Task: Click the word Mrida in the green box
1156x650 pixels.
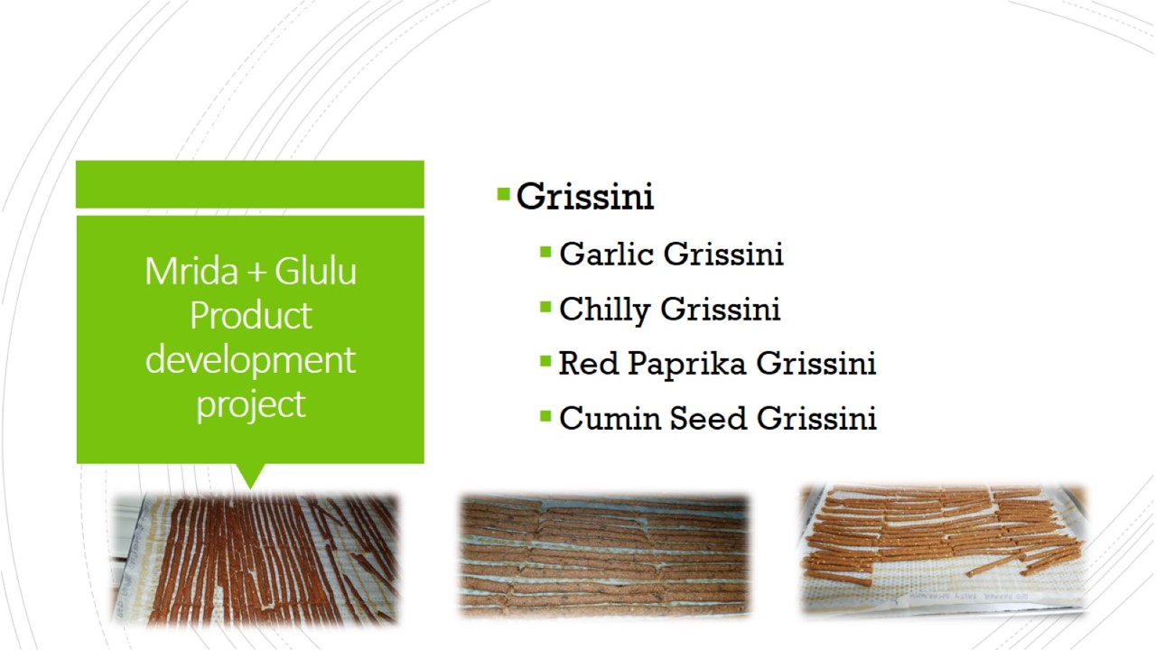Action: click(191, 271)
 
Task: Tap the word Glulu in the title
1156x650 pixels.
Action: click(315, 271)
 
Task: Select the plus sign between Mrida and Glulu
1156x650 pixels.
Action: click(256, 273)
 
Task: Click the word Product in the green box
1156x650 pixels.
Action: click(251, 315)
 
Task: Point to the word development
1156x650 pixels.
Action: click(250, 359)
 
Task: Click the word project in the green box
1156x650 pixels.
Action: click(251, 405)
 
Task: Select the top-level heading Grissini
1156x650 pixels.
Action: click(585, 197)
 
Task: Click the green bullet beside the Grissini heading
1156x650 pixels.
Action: click(503, 194)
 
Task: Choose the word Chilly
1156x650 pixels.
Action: click(605, 310)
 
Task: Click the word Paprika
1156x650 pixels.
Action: click(687, 364)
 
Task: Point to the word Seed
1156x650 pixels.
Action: click(708, 418)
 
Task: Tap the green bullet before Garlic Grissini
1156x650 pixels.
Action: click(545, 252)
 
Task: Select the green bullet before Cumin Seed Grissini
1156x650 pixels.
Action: click(545, 416)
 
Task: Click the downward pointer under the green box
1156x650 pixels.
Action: click(250, 475)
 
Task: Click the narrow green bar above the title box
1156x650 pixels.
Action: click(250, 184)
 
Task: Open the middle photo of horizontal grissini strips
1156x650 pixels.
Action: click(604, 555)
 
